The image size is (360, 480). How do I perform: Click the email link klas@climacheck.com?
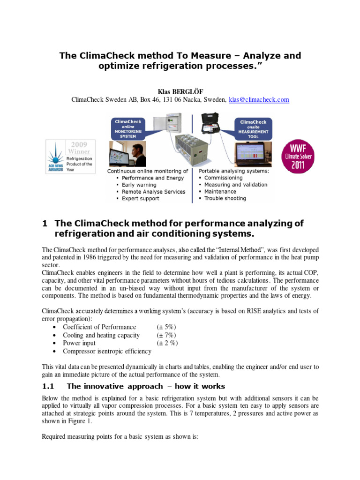click(259, 99)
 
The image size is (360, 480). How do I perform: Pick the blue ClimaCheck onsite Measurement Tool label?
click(253, 128)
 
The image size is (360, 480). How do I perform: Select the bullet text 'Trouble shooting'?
click(225, 198)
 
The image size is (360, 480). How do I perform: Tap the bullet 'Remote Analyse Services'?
click(153, 192)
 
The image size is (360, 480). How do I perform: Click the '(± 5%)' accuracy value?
click(166, 327)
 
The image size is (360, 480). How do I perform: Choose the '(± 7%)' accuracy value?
click(166, 335)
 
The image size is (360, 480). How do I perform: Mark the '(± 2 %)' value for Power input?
click(167, 343)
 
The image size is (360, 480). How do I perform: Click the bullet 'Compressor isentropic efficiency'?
click(107, 351)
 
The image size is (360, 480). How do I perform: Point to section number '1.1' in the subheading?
click(49, 386)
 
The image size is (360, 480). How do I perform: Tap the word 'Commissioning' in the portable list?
click(224, 178)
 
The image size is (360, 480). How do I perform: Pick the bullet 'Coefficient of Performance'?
click(99, 327)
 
